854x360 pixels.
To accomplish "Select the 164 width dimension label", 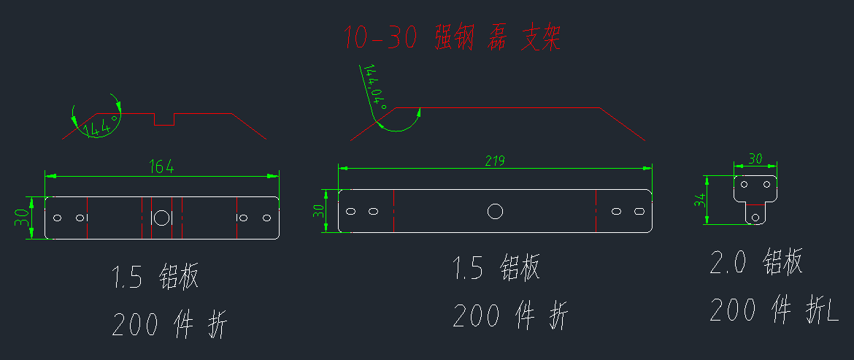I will pos(162,167).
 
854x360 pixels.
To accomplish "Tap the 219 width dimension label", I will pos(494,160).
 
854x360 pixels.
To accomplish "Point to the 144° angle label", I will pos(101,127).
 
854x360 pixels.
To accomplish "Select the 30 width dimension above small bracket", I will pos(755,158).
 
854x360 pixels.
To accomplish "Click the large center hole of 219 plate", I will pos(495,212).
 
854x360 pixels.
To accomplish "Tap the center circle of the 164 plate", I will pos(161,218).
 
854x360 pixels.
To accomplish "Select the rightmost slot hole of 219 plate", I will pos(639,212).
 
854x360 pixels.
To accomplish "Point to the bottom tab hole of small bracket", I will pos(755,215).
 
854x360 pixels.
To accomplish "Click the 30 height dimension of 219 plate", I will pos(318,212).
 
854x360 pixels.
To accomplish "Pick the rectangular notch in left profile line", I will pos(164,119).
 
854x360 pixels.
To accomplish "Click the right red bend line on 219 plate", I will pos(596,211).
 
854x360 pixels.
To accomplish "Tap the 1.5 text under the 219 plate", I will pos(468,269).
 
